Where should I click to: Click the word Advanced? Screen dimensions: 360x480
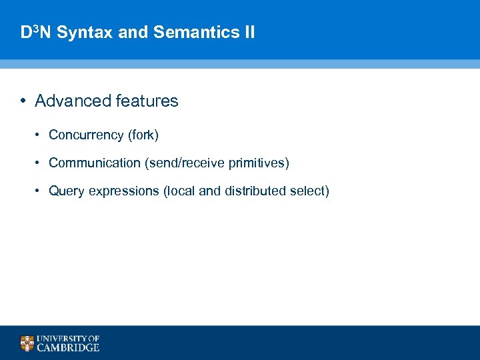coord(73,101)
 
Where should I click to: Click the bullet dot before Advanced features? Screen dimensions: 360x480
coord(23,101)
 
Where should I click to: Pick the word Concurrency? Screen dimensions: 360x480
coord(86,135)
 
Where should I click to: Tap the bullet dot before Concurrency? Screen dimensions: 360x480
coord(39,135)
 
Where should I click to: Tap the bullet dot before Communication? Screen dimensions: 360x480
coord(39,163)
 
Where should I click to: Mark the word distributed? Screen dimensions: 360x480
coord(255,191)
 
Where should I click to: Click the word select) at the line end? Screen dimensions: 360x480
coord(309,191)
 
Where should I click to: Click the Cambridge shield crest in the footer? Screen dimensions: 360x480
coord(27,343)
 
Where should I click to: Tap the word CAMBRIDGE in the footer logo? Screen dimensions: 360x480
coord(68,347)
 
